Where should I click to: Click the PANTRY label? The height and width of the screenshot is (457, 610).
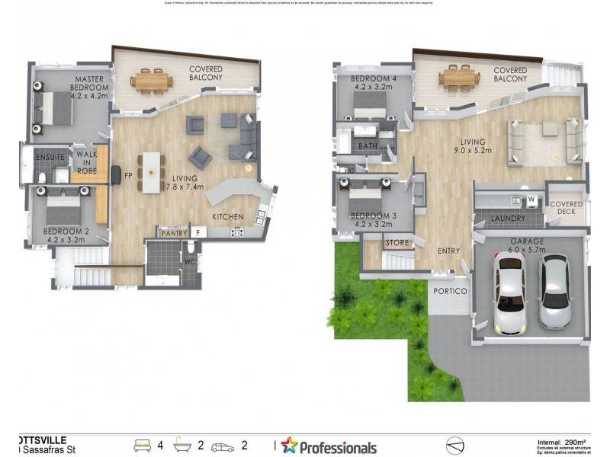click(173, 232)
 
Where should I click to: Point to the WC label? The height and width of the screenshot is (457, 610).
click(188, 263)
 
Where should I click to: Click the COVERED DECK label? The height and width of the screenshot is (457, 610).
click(567, 209)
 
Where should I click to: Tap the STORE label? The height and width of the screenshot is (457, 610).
click(397, 243)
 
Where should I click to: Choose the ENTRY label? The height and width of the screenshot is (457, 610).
click(449, 251)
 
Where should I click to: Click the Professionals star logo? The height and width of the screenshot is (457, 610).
click(290, 446)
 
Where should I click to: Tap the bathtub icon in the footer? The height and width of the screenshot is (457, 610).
click(185, 445)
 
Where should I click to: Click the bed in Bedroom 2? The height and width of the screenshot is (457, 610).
click(56, 206)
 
